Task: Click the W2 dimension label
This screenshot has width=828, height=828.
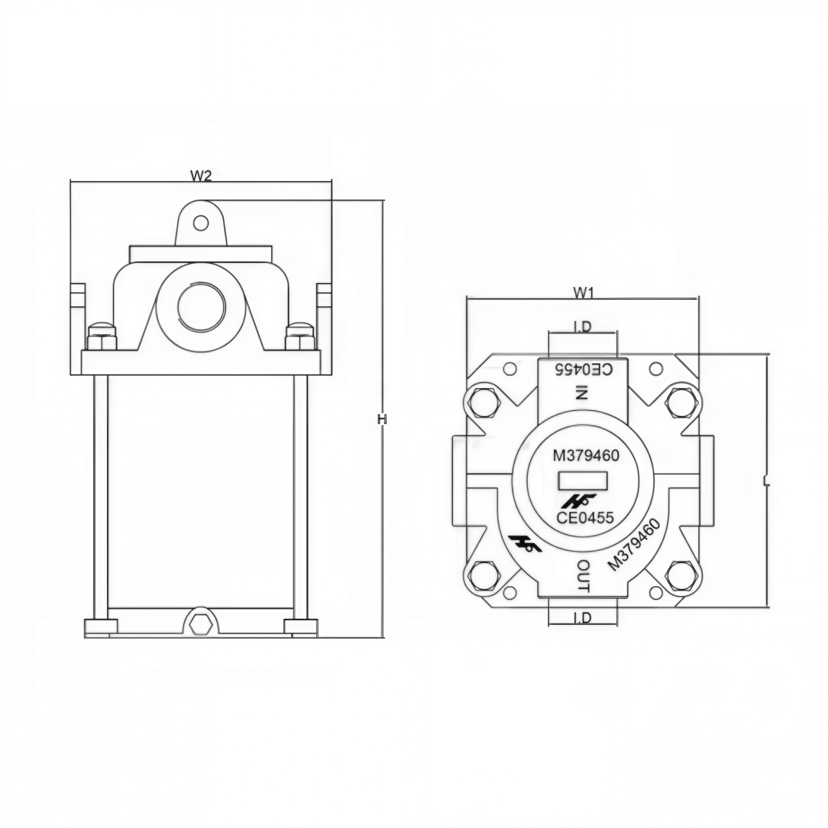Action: (201, 175)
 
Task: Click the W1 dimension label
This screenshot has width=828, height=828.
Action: (583, 293)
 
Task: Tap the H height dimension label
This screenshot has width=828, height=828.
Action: (382, 419)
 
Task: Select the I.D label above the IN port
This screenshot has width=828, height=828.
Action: (582, 327)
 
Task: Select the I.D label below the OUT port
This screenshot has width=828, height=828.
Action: (582, 617)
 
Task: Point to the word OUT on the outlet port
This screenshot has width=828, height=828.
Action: (583, 575)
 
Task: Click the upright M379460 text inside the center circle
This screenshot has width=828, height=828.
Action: (586, 455)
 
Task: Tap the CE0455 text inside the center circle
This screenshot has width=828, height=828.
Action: (585, 517)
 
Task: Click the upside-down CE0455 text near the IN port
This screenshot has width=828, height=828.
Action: (584, 369)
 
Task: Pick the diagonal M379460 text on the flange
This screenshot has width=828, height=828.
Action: (634, 545)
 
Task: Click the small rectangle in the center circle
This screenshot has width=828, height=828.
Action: (582, 481)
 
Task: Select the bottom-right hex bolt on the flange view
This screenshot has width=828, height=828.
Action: (681, 574)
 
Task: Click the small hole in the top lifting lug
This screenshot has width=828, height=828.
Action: (201, 224)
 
